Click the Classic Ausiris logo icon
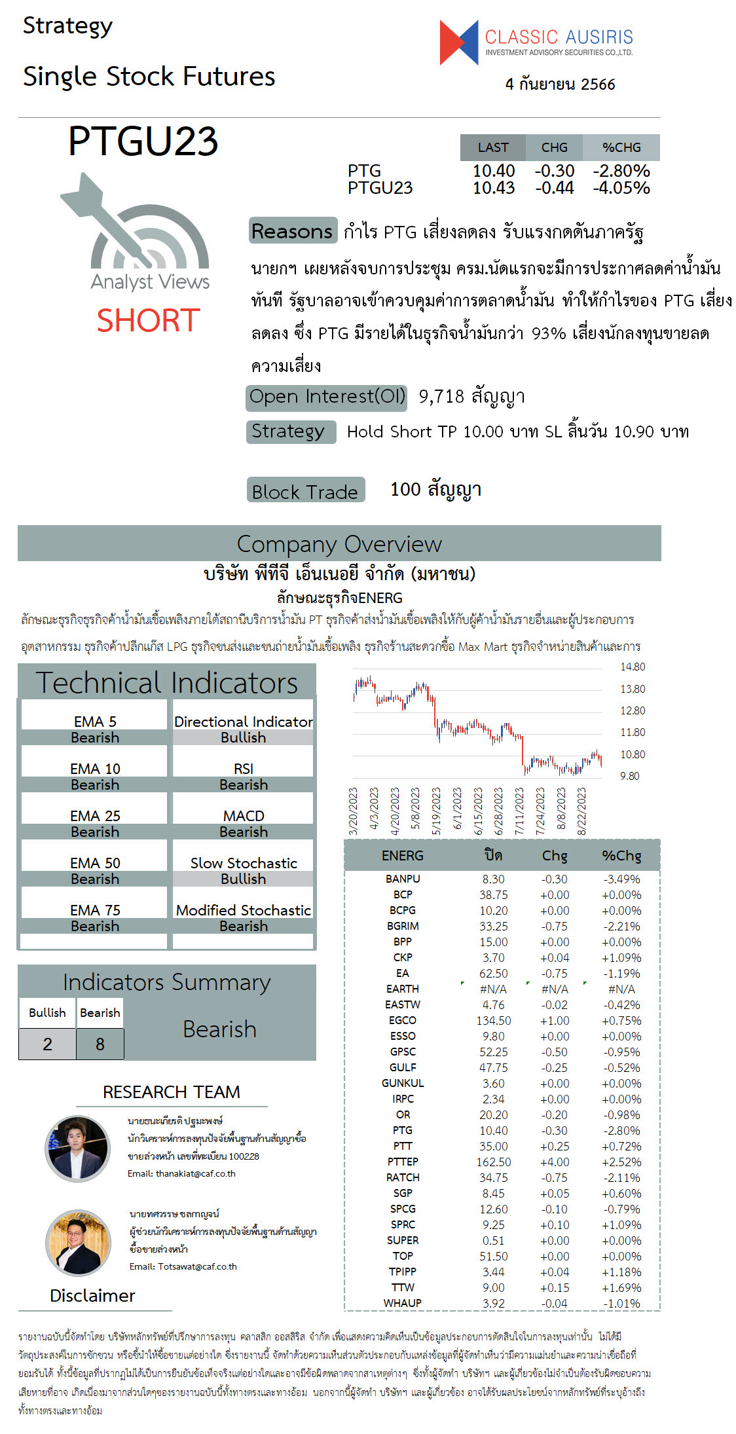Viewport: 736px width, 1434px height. (459, 43)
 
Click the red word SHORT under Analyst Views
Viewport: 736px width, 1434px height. (148, 320)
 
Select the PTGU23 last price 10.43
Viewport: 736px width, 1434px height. (494, 188)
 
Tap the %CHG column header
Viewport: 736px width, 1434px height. (621, 147)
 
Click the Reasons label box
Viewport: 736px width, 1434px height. (293, 231)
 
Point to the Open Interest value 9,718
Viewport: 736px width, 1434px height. (441, 396)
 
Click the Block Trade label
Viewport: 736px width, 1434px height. (305, 491)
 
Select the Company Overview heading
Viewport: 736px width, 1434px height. (339, 544)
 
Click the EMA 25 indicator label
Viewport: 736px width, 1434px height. (95, 816)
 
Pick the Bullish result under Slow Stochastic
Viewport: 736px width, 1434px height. (243, 879)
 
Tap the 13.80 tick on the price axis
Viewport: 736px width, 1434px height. (633, 689)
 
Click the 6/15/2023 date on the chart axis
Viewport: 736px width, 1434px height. (478, 811)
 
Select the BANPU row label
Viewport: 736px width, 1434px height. (403, 879)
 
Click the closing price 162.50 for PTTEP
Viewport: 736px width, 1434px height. (493, 1162)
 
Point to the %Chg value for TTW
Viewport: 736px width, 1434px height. (621, 1288)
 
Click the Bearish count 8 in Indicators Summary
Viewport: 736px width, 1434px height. (100, 1044)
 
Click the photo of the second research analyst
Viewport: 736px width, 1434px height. (78, 1242)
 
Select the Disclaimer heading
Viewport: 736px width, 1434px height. (92, 1296)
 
